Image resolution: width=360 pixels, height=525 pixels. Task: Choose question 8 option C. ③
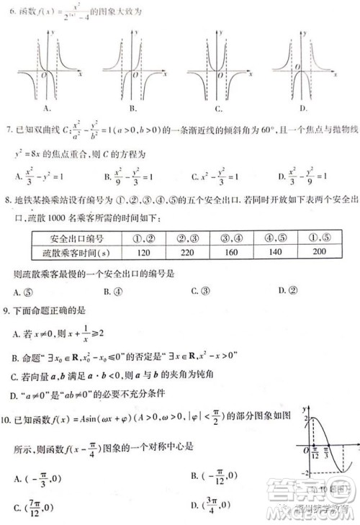[200, 290]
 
